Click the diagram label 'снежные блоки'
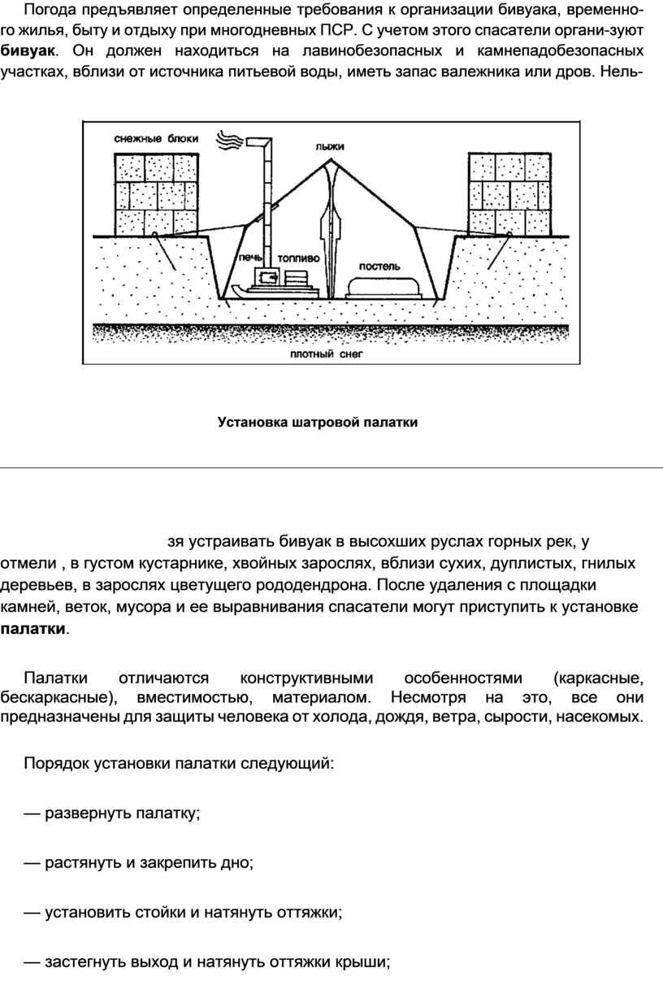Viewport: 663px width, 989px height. pos(155,139)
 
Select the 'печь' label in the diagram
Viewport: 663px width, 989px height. pos(252,257)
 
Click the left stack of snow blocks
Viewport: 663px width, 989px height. pos(156,195)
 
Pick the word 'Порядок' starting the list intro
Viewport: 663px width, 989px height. pos(56,764)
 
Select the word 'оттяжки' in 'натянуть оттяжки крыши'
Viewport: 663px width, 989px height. pos(297,963)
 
